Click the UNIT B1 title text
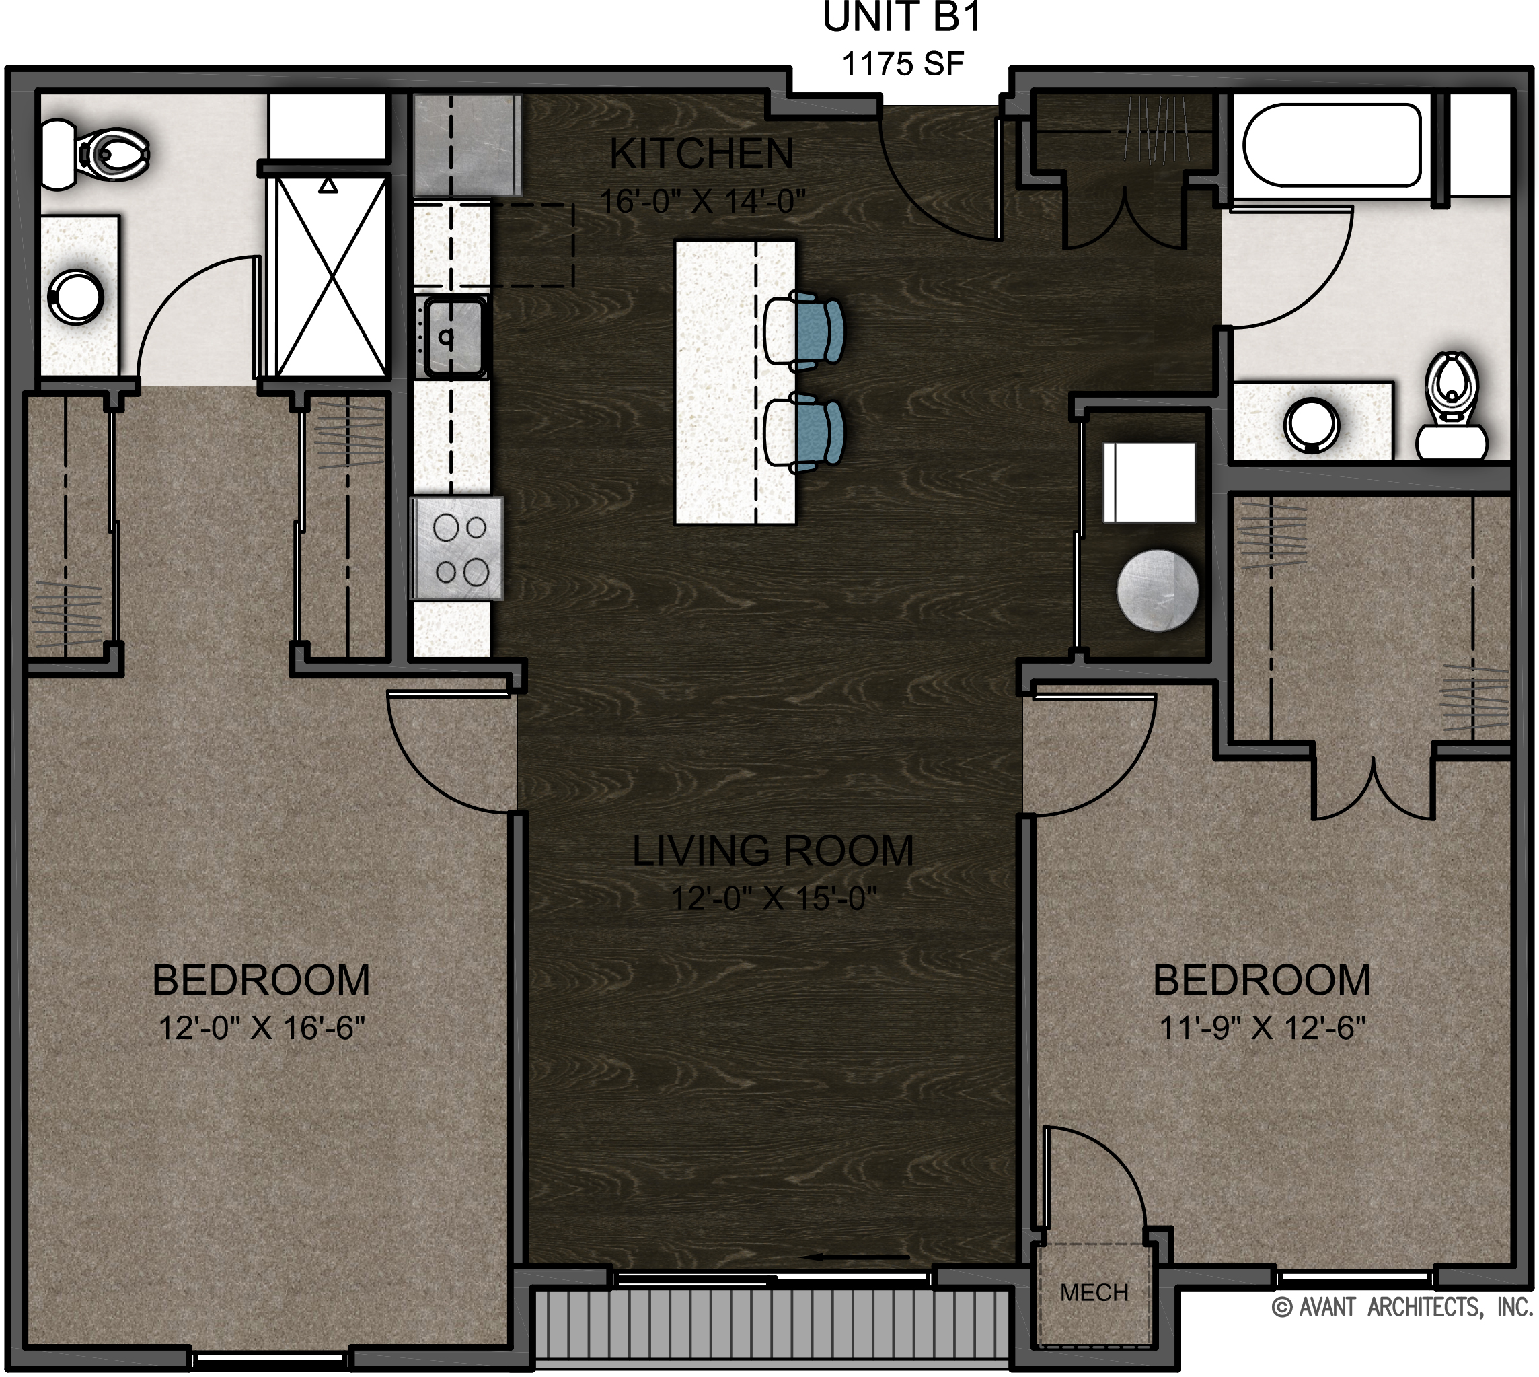click(901, 18)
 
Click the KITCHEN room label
click(702, 154)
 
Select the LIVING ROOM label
click(773, 851)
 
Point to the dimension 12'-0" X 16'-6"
click(262, 1028)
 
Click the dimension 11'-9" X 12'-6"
click(1262, 1028)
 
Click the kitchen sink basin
click(454, 337)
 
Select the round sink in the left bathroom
click(75, 296)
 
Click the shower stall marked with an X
click(330, 276)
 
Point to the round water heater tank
click(1157, 591)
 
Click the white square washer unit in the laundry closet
click(1149, 483)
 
